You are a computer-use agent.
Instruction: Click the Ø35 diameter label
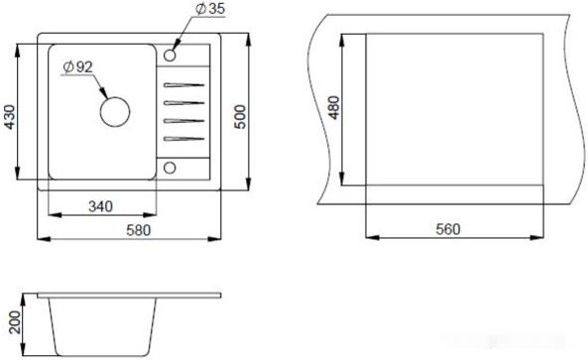pos(210,9)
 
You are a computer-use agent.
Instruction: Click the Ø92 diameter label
pos(77,67)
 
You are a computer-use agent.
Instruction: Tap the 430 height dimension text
pos(10,117)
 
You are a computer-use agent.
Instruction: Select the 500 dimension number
pos(240,117)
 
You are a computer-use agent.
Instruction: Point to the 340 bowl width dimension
pos(100,206)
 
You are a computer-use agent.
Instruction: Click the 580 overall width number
pos(138,230)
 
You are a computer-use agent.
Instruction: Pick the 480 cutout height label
pos(334,108)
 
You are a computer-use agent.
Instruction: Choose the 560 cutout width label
pos(448,229)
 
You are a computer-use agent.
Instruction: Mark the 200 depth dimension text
pos(16,321)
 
